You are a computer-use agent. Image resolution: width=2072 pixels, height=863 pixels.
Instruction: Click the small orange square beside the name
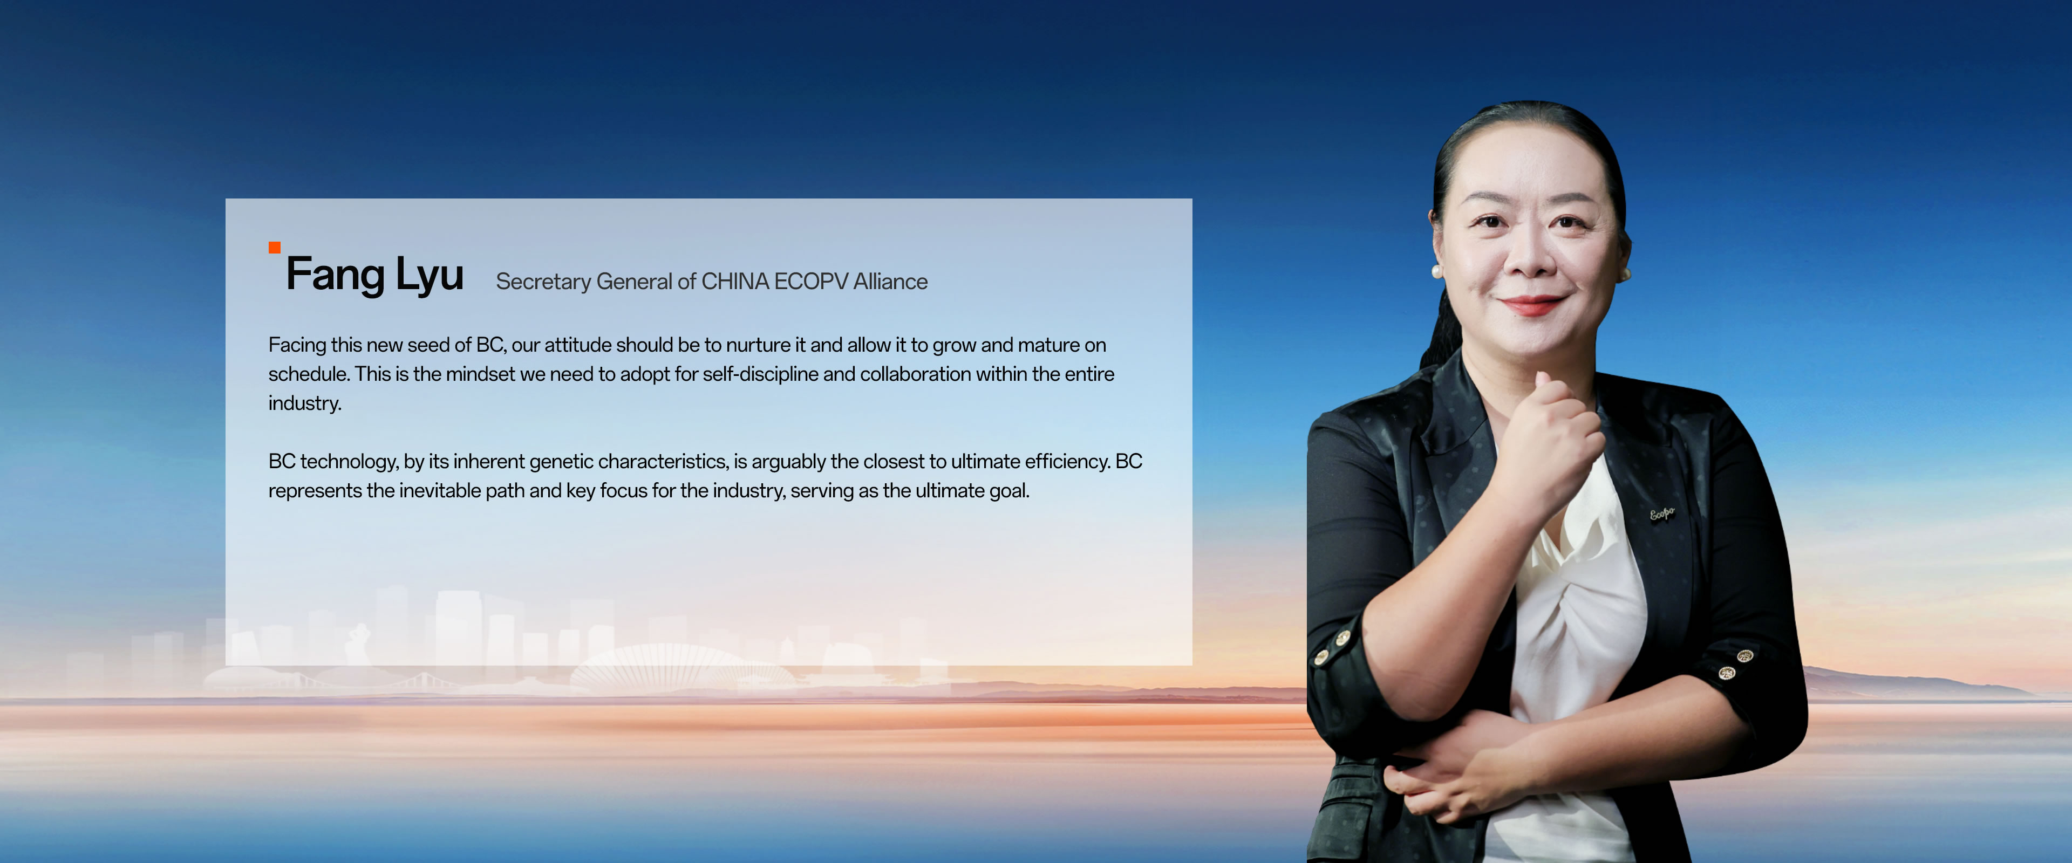coord(274,248)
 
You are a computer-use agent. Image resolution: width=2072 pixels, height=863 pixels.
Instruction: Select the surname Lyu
coord(429,276)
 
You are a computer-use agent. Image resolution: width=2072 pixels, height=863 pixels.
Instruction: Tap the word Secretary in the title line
coord(543,282)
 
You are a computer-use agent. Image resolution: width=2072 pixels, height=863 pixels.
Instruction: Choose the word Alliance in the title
coord(890,282)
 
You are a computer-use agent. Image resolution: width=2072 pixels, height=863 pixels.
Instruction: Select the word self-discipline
coord(767,374)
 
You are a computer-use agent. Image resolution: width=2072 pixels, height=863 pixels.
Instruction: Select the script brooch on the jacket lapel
coord(1662,513)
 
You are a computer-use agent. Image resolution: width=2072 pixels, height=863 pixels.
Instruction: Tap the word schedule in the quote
coord(308,374)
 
